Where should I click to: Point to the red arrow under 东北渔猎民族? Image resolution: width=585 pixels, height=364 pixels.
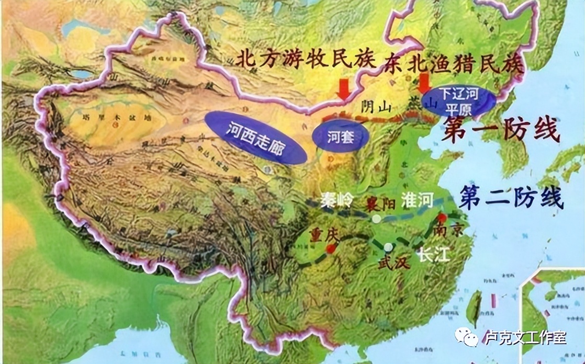tap(424, 83)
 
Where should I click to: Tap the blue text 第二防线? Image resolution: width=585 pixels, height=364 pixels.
tap(510, 198)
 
